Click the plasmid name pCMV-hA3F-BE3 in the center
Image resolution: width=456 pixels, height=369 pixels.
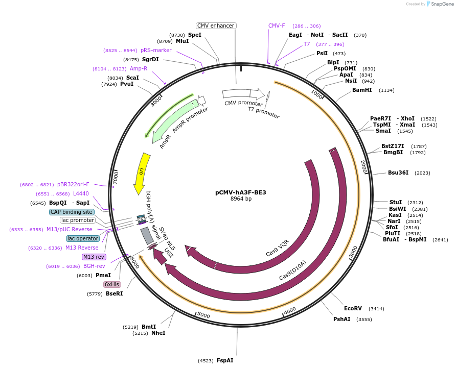pos(240,192)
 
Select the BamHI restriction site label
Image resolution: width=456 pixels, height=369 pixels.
pos(362,90)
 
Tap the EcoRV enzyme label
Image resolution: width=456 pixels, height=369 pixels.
pos(353,308)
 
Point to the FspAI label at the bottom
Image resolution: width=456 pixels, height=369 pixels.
pos(225,360)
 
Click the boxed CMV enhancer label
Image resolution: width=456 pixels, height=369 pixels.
pos(216,26)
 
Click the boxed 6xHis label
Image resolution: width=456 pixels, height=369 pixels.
pos(112,284)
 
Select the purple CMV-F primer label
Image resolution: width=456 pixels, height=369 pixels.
pos(277,26)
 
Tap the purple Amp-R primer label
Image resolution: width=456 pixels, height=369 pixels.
pos(139,68)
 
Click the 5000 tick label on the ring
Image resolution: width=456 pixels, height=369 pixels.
pos(203,316)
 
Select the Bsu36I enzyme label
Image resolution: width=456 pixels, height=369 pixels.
pos(398,173)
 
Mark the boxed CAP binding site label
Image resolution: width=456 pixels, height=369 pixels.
pos(72,212)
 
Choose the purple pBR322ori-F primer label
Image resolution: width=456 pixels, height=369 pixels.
pos(73,184)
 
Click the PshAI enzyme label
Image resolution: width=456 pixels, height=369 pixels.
pos(342,319)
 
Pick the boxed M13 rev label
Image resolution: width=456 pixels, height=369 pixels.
pos(94,257)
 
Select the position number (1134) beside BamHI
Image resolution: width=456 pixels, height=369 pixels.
pos(386,90)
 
